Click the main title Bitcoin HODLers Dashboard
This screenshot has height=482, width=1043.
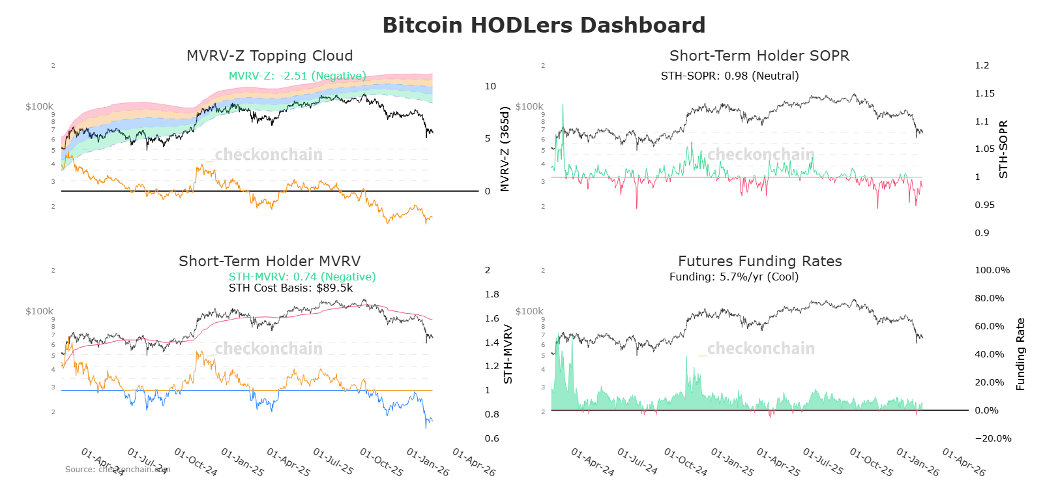point(543,25)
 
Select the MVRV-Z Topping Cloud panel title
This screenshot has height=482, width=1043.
point(269,56)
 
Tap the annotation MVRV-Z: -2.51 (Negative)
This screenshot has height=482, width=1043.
point(297,76)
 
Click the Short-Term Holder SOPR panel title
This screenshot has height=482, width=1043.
point(759,56)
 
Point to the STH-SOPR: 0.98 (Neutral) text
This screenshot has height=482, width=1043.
point(729,76)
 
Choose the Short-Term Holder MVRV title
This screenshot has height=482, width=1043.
point(269,262)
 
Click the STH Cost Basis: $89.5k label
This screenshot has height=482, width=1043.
point(290,288)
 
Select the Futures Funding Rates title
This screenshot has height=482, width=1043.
point(759,262)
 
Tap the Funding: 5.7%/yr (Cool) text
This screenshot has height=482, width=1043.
point(733,277)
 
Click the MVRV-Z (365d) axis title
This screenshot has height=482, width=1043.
point(505,149)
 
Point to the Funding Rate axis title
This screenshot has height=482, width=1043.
point(1020,354)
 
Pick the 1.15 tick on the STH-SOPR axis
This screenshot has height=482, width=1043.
point(984,93)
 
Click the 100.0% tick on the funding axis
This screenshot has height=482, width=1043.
point(992,270)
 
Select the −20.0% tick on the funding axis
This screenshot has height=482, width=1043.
point(992,438)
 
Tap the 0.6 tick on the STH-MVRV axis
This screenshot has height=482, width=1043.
point(492,438)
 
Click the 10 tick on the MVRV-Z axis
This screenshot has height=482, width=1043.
point(490,86)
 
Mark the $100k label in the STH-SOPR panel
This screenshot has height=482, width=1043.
point(529,106)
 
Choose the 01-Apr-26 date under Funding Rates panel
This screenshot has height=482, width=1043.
point(963,462)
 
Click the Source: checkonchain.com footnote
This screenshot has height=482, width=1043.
point(117,469)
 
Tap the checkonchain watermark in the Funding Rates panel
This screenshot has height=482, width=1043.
point(760,349)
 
